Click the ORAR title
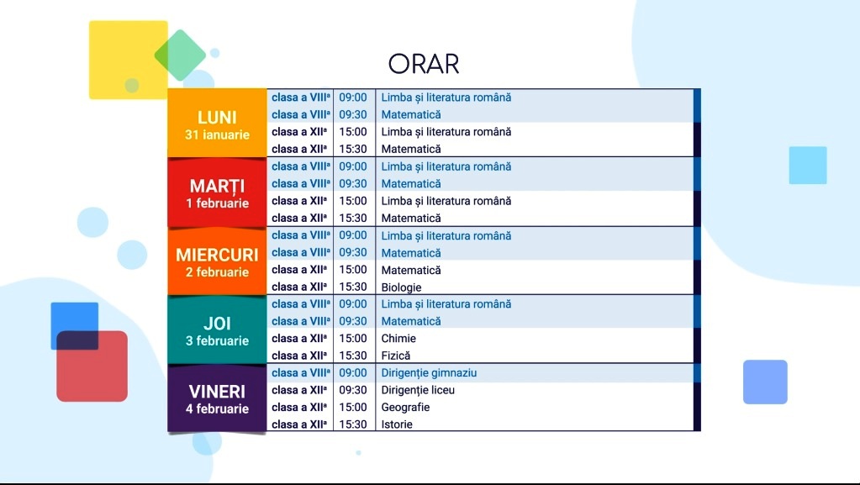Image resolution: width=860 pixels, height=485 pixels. click(x=424, y=64)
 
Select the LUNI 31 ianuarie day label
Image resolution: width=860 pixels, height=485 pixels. click(x=217, y=124)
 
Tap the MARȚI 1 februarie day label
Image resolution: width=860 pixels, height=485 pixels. click(x=217, y=193)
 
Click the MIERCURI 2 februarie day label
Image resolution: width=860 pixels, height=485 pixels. click(x=217, y=262)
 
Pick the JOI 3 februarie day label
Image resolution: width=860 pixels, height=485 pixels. click(x=217, y=331)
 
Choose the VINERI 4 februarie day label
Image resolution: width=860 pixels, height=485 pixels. click(x=217, y=399)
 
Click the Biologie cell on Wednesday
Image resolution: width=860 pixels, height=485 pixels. click(x=402, y=287)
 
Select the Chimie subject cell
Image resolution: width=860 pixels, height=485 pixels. click(x=398, y=339)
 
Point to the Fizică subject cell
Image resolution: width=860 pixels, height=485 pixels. click(x=396, y=356)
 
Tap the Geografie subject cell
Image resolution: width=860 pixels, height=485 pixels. click(x=405, y=407)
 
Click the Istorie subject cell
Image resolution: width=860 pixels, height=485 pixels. click(x=397, y=424)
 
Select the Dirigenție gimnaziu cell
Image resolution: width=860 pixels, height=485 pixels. click(x=429, y=373)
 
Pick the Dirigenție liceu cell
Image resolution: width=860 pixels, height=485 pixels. click(x=418, y=390)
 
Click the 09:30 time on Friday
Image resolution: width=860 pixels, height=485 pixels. click(x=353, y=390)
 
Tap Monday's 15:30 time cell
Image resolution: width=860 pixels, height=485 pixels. click(x=353, y=149)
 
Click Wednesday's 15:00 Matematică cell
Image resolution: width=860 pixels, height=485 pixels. click(x=411, y=270)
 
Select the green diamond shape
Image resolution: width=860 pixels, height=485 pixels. click(x=180, y=55)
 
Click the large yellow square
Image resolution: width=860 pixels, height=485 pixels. click(x=129, y=60)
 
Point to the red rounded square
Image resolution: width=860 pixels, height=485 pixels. click(x=92, y=366)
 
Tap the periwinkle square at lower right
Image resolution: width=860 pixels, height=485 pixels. click(x=765, y=382)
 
